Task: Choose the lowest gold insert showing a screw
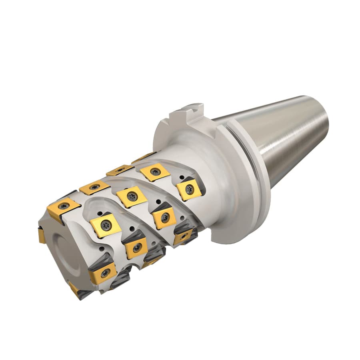pyautogui.click(x=104, y=274)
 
